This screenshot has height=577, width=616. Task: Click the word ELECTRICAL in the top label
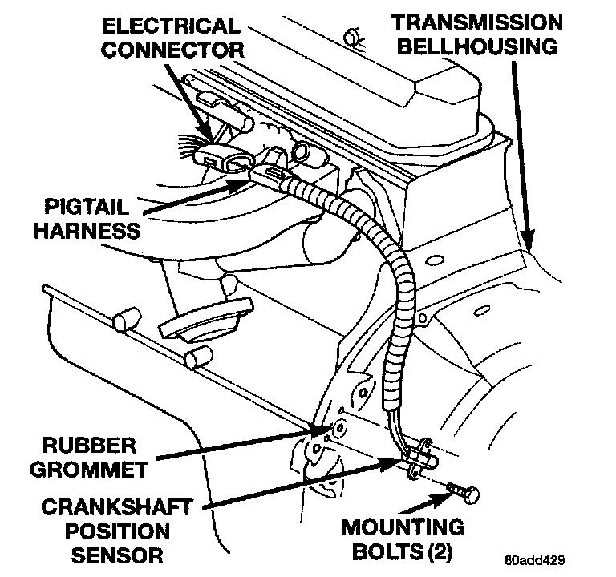coord(170,26)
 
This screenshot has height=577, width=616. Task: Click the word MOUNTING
coord(403,528)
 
